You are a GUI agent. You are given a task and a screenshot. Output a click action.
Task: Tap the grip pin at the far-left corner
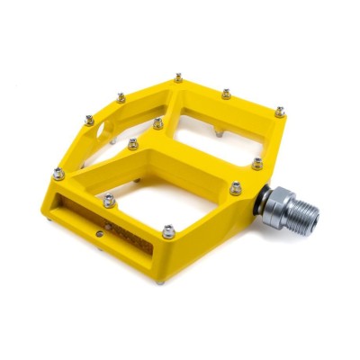(58, 172)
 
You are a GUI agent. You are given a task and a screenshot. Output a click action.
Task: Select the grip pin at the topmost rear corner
(178, 78)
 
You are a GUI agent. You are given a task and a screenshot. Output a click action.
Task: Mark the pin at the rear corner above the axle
(280, 112)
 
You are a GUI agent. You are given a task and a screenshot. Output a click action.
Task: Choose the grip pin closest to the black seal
(236, 188)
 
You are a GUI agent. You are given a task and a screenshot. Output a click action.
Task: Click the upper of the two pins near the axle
(257, 163)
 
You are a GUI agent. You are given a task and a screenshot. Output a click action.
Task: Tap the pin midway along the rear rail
(226, 93)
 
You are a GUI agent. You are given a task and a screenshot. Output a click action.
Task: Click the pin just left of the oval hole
(88, 117)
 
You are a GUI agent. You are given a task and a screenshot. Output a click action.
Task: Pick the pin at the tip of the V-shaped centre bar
(132, 142)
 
